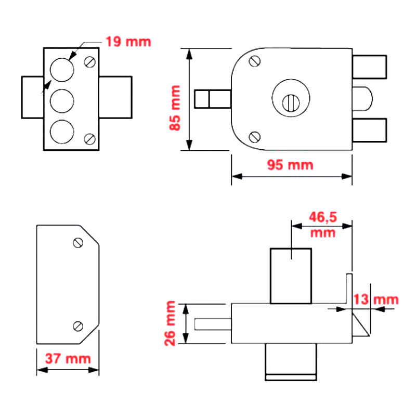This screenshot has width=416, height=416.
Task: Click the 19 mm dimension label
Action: tap(128, 41)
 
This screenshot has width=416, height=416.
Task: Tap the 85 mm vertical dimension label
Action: tap(175, 107)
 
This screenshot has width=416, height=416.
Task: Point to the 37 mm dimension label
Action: tap(68, 358)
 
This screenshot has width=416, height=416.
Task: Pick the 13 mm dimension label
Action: tap(375, 300)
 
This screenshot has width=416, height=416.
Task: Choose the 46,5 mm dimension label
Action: tap(322, 224)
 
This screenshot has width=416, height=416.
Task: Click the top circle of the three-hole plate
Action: tap(61, 70)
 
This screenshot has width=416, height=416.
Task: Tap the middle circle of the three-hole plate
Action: tap(61, 100)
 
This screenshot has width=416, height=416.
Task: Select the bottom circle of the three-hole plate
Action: tap(61, 131)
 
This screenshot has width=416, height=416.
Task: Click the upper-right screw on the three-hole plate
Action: tap(89, 62)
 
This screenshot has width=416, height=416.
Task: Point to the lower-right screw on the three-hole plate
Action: tap(89, 139)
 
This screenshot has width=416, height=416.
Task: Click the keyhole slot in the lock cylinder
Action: tap(291, 101)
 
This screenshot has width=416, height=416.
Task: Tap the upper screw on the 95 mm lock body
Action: tap(255, 61)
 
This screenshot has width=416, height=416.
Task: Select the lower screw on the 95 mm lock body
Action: tap(255, 137)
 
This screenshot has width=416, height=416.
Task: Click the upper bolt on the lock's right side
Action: tap(370, 67)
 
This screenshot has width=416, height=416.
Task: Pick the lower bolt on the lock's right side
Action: tap(370, 131)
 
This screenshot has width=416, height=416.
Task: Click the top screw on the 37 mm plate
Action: tap(79, 242)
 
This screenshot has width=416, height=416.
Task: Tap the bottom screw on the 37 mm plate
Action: tap(79, 326)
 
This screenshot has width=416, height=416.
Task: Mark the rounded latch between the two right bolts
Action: tap(363, 99)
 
